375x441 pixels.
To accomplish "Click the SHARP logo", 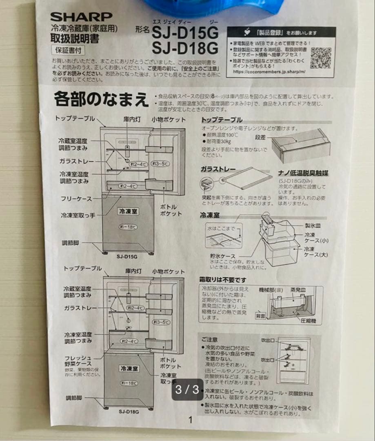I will click(x=81, y=17).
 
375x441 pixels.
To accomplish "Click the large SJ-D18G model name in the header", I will click(x=185, y=48).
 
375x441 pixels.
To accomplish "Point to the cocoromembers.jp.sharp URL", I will click(x=269, y=71).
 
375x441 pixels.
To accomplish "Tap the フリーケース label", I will click(x=77, y=199).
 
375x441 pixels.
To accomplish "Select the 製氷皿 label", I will click(x=312, y=225).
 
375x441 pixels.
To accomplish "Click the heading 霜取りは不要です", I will click(x=223, y=280).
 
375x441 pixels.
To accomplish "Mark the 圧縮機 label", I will click(x=308, y=321).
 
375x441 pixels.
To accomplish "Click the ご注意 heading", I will click(x=209, y=339).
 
